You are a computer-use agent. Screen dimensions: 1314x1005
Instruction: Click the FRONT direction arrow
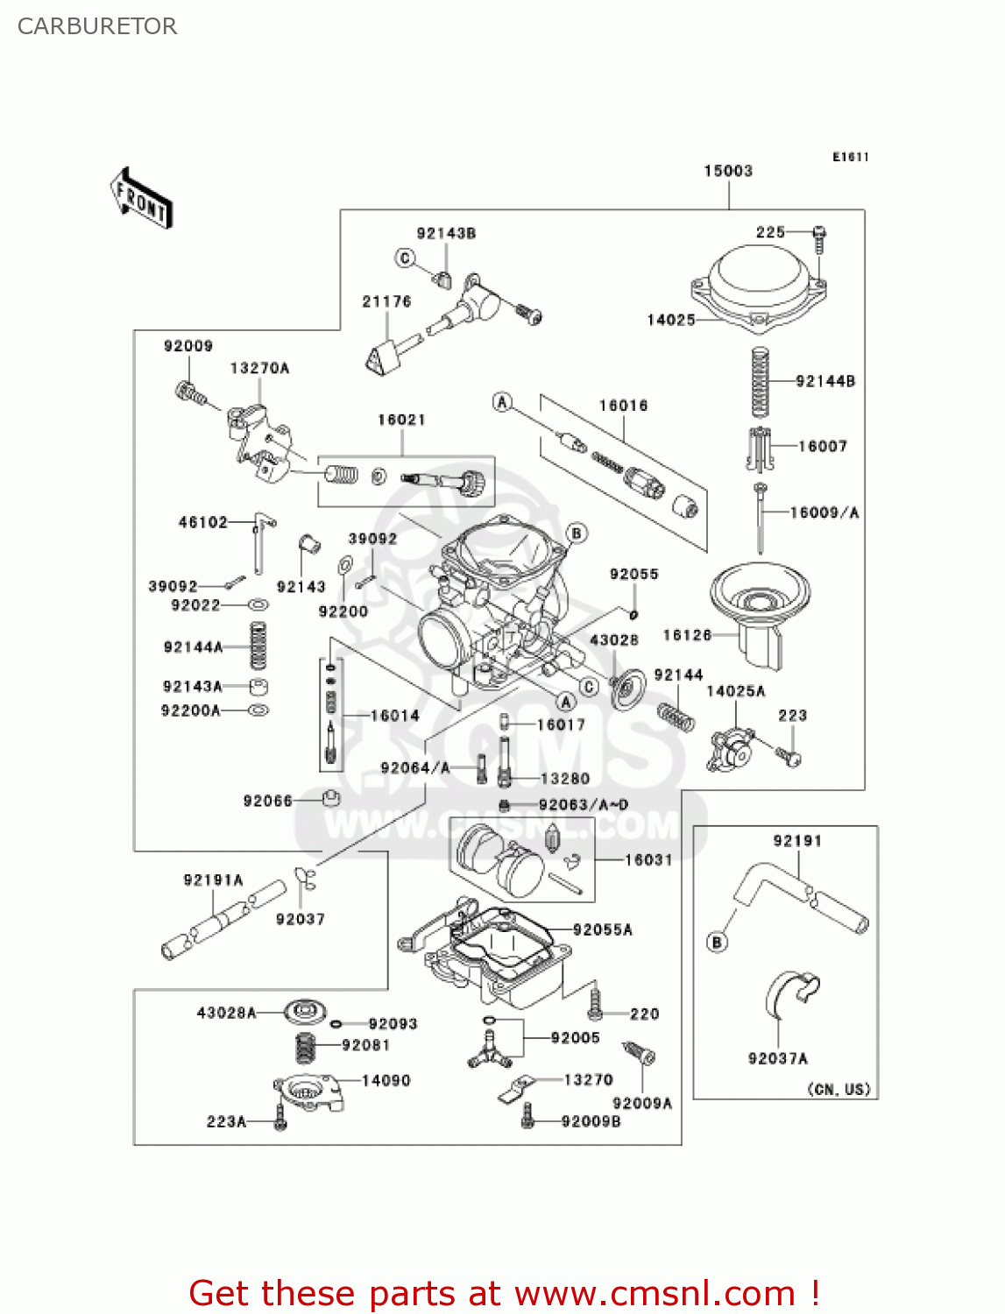(141, 199)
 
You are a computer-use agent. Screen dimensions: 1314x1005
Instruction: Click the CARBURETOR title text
(97, 26)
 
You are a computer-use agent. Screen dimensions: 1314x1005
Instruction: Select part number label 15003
(728, 171)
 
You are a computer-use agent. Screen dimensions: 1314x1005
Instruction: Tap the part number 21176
(386, 301)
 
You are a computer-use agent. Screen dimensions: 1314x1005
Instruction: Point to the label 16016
(623, 406)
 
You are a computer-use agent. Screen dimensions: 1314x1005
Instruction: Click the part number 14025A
(735, 691)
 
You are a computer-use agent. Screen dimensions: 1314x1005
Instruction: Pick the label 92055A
(602, 929)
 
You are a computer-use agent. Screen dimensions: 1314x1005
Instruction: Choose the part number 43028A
(226, 1013)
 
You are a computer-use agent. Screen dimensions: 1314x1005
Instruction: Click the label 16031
(648, 860)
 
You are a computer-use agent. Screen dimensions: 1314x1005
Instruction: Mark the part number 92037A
(777, 1058)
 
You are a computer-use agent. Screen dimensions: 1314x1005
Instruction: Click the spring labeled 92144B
(760, 382)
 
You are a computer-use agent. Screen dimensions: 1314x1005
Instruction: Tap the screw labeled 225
(820, 235)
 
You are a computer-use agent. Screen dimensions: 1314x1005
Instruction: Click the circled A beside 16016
(502, 402)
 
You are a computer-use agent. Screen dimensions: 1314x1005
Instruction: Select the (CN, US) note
(839, 1089)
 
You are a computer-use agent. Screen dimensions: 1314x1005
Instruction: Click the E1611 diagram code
(850, 157)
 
